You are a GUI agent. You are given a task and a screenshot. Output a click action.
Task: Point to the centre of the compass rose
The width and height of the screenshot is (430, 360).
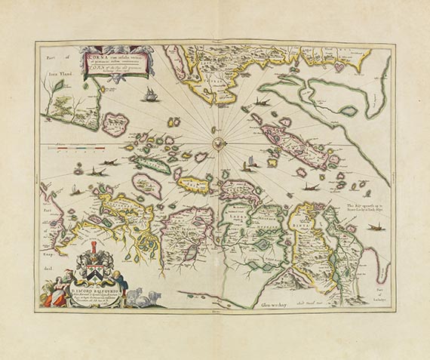pyautogui.click(x=215, y=142)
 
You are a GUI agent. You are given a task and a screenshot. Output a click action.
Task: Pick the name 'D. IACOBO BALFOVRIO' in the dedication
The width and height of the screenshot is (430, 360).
pyautogui.click(x=105, y=288)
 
